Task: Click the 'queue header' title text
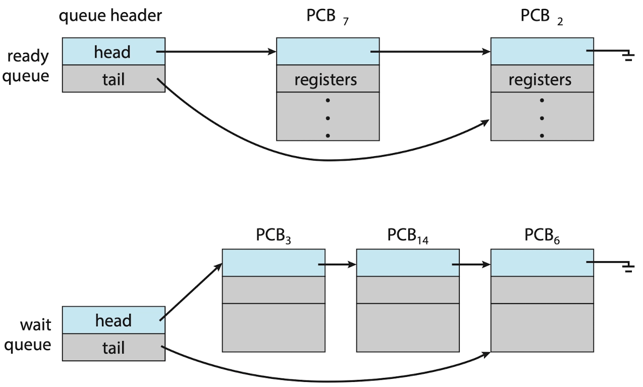[110, 16]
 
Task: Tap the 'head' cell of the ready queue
[114, 51]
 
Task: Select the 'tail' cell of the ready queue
[114, 78]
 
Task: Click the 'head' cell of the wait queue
[114, 320]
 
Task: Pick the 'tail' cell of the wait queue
[114, 348]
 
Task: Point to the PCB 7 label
[328, 17]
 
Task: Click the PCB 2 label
[542, 17]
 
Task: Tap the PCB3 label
[273, 236]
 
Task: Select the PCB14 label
[408, 236]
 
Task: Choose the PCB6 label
[542, 236]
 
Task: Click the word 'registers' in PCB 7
[326, 80]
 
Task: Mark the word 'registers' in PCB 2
[540, 80]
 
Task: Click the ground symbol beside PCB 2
[628, 56]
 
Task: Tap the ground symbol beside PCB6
[628, 267]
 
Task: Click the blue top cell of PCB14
[408, 263]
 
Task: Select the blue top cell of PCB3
[274, 263]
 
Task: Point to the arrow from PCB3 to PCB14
[337, 264]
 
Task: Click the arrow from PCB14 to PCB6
[471, 264]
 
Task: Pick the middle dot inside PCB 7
[328, 118]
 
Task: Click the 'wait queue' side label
[28, 335]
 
